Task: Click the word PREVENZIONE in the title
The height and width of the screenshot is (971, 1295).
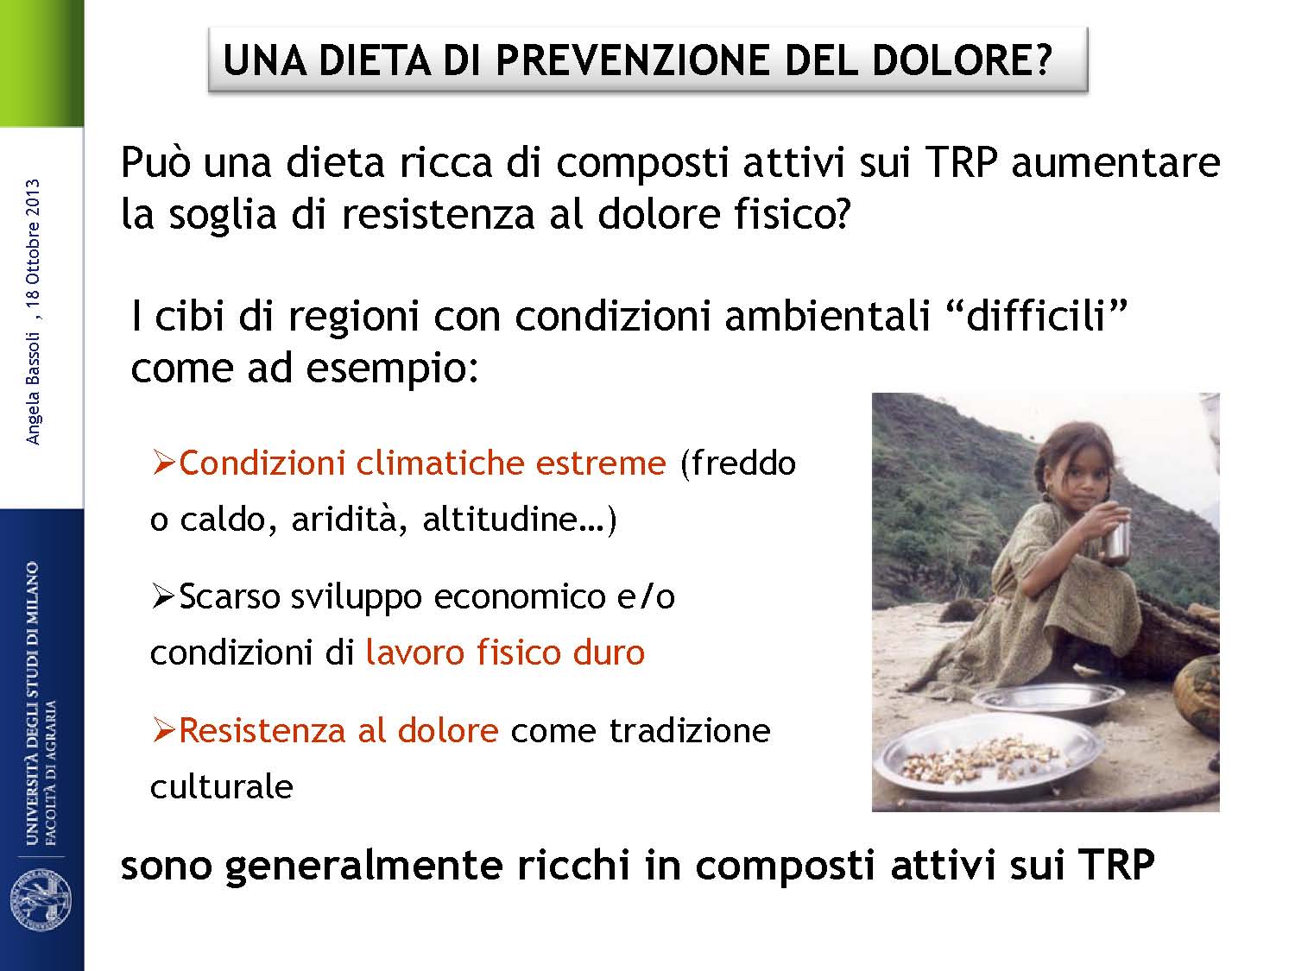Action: click(633, 60)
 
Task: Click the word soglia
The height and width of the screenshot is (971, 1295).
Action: click(223, 215)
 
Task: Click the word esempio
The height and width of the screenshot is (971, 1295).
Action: click(391, 369)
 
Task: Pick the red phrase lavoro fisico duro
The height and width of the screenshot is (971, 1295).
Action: click(505, 653)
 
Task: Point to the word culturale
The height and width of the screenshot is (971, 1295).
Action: click(221, 786)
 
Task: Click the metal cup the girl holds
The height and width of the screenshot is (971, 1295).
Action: click(1117, 539)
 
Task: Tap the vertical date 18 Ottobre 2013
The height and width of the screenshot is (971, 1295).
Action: click(33, 249)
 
